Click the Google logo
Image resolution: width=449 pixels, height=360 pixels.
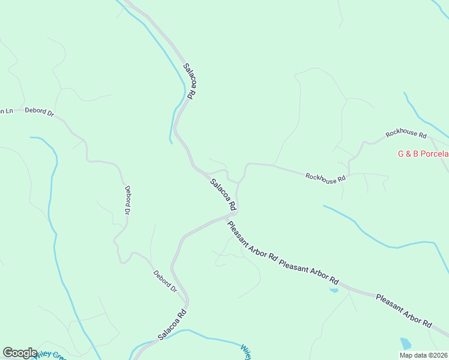click(20, 353)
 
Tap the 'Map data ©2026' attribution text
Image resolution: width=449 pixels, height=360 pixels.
click(424, 355)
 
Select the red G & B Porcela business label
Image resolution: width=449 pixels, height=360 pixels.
click(423, 154)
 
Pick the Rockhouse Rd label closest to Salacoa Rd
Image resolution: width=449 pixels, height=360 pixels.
click(325, 177)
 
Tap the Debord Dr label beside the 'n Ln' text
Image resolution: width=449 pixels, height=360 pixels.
click(40, 112)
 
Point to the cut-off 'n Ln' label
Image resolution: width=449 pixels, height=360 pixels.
click(6, 111)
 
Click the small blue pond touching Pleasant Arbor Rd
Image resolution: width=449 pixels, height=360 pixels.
click(334, 290)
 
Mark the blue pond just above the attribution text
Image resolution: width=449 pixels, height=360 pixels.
click(406, 343)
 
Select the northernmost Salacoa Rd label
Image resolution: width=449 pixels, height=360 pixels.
click(190, 81)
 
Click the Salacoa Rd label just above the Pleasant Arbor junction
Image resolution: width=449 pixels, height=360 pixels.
click(223, 193)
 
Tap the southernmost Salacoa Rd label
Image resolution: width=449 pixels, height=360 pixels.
click(173, 325)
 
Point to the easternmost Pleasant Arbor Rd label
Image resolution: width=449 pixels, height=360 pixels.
click(403, 310)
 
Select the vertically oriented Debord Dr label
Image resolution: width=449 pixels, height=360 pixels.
click(127, 200)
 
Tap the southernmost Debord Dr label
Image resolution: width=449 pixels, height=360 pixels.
click(165, 281)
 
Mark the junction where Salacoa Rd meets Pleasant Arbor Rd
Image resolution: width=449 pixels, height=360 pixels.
click(233, 215)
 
